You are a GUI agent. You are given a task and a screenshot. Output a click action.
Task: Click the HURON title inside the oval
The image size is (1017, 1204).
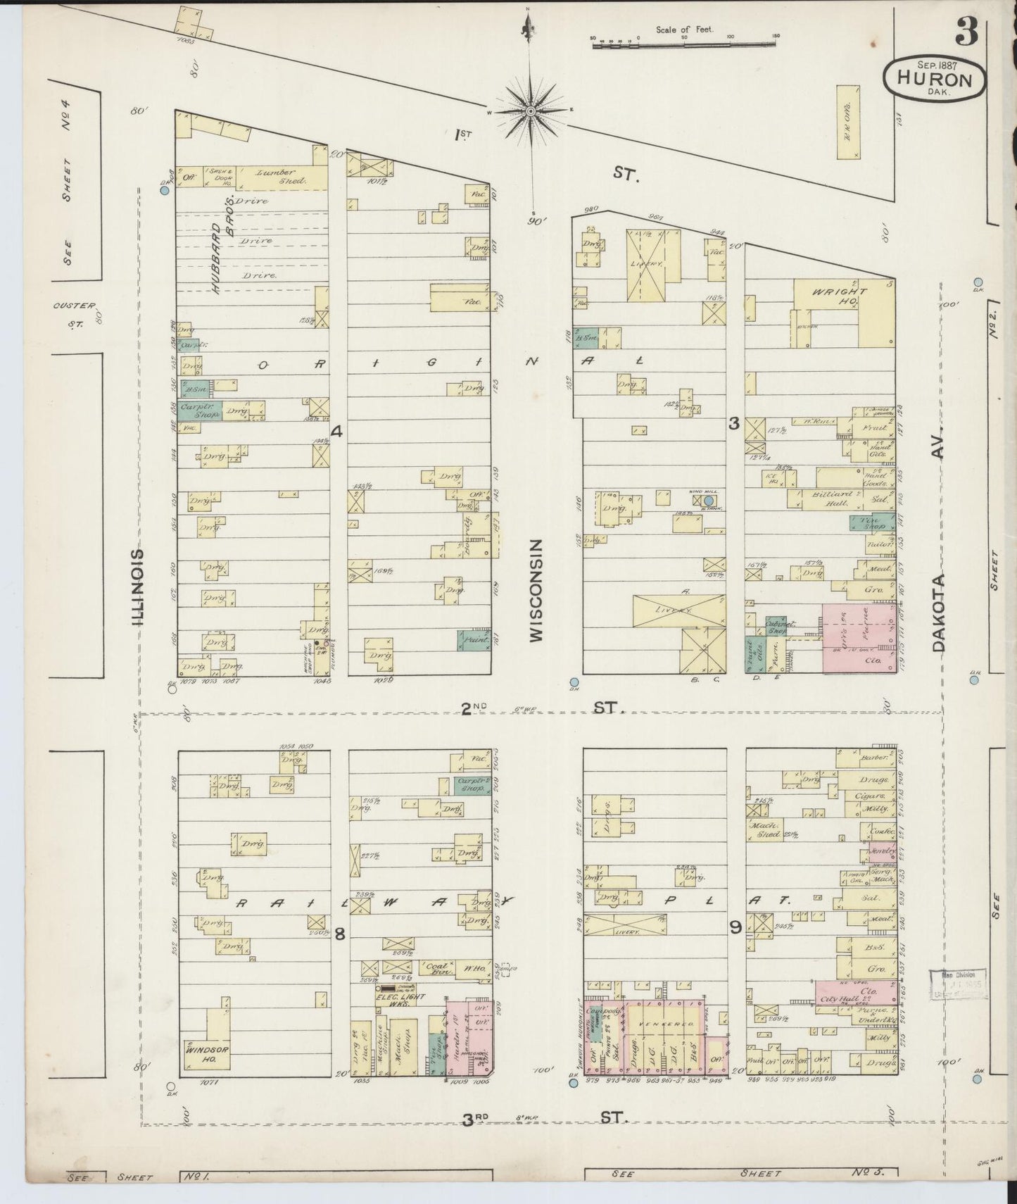935,80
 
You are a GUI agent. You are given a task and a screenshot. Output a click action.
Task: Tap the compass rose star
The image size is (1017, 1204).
531,111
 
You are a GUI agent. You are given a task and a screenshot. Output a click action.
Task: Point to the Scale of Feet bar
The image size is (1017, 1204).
686,43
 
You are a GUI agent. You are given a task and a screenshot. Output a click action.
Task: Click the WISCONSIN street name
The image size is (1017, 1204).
536,590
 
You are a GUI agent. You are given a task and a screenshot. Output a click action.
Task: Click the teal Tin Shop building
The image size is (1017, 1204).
863,522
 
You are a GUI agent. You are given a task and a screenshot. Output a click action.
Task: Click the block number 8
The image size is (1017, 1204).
340,934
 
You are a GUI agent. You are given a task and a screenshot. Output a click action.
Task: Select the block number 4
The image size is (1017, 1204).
336,432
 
